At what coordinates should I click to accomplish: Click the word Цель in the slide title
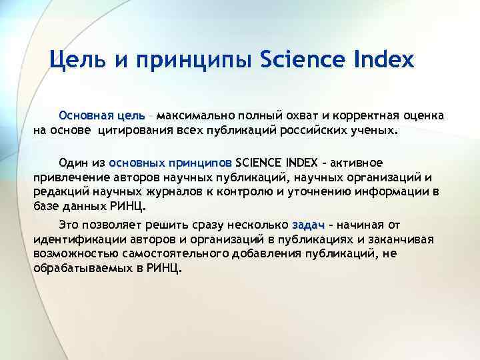pos(73,61)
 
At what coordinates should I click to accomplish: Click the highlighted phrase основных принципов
pos(170,162)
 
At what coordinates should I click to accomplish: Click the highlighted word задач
pos(308,224)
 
